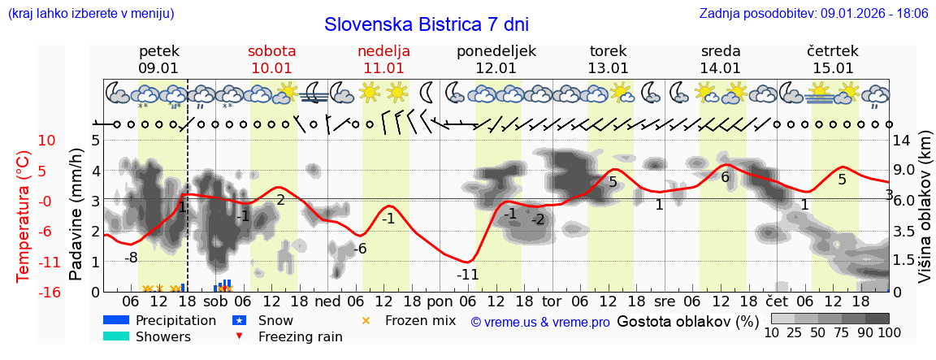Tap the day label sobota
click(x=271, y=51)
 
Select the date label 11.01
click(x=383, y=68)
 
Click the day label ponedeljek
click(x=496, y=51)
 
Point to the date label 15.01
click(x=833, y=68)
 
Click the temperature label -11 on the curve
click(x=467, y=275)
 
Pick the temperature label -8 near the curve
click(x=131, y=258)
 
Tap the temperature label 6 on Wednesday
click(x=725, y=177)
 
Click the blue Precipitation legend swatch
click(x=116, y=321)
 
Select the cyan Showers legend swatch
click(x=116, y=336)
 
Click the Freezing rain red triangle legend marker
click(x=239, y=336)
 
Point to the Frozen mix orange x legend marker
click(x=366, y=321)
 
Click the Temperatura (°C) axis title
click(x=24, y=215)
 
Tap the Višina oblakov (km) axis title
click(x=925, y=215)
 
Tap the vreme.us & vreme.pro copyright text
click(x=540, y=322)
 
